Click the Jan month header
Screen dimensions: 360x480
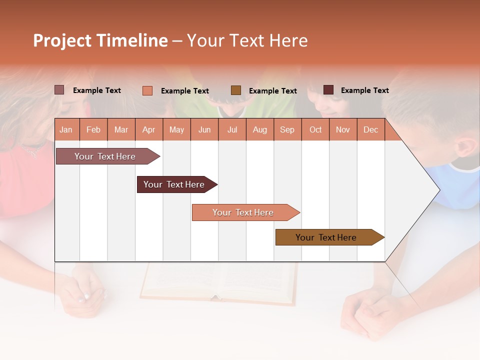tap(66, 130)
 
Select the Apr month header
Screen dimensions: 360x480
tap(149, 130)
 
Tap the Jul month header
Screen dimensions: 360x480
tap(232, 130)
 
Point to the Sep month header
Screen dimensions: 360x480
tap(287, 130)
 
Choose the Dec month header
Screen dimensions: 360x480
tap(370, 130)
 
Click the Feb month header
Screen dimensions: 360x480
tap(93, 130)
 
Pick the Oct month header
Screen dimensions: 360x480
tap(315, 130)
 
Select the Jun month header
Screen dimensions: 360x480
tap(204, 130)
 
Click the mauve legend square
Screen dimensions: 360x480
tap(59, 90)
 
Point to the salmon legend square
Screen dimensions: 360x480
tap(147, 90)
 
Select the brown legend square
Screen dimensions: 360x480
tap(236, 90)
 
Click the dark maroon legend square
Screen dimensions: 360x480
tap(328, 90)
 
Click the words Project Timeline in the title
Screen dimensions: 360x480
tap(100, 40)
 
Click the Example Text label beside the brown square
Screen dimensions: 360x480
tap(273, 91)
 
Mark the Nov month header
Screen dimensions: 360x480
tap(343, 130)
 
